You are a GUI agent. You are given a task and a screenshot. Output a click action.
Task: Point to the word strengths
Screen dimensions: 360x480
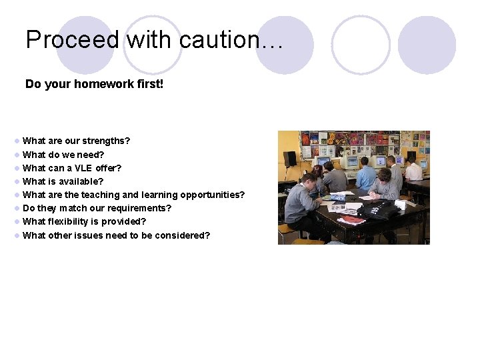point(105,141)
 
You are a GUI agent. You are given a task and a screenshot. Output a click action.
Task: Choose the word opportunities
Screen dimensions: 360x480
point(211,195)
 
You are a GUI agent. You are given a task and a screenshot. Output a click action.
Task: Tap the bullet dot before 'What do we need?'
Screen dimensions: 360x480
point(17,155)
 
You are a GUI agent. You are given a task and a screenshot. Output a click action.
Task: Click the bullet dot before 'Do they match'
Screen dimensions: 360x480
point(17,209)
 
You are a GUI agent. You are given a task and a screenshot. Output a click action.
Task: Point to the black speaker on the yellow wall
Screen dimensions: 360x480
point(290,159)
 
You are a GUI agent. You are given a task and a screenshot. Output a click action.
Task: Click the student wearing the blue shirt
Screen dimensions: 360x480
point(365,175)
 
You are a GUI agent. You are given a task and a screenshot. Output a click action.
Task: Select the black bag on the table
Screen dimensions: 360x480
point(379,211)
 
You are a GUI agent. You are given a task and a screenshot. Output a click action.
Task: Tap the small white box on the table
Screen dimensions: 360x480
point(400,205)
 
